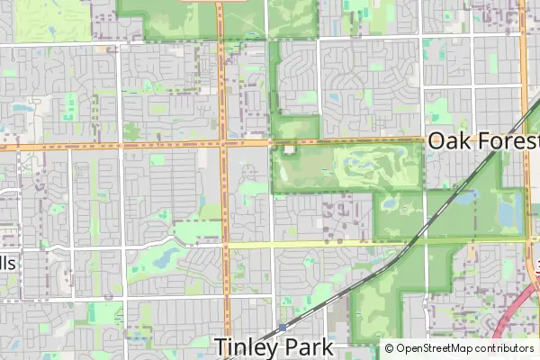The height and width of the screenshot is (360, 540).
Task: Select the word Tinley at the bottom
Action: click(x=249, y=346)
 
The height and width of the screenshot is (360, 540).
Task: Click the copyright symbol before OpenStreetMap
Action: click(x=390, y=348)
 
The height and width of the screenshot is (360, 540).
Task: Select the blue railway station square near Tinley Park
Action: click(x=283, y=328)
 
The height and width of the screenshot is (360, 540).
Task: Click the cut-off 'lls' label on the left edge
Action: click(x=7, y=264)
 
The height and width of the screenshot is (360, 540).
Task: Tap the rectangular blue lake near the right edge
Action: click(x=506, y=214)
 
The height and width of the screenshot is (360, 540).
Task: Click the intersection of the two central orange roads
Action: click(x=224, y=143)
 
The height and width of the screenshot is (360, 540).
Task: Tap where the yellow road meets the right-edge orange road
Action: click(x=526, y=239)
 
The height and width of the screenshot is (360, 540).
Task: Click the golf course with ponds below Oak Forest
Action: click(x=373, y=166)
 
